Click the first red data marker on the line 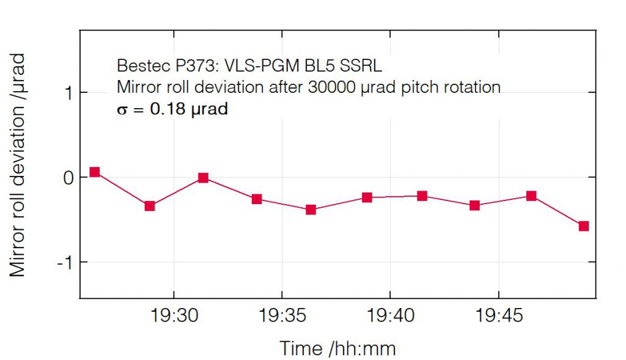pos(95,172)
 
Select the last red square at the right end pos(584,226)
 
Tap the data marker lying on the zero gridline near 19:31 pos(204,178)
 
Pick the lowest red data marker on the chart pos(584,226)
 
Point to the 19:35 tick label pos(281,316)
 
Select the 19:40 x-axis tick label pos(389,316)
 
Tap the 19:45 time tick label pos(498,316)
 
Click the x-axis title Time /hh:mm pos(337,348)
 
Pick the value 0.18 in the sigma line pos(168,110)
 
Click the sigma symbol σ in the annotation pos(122,111)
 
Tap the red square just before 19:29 pos(150,206)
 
